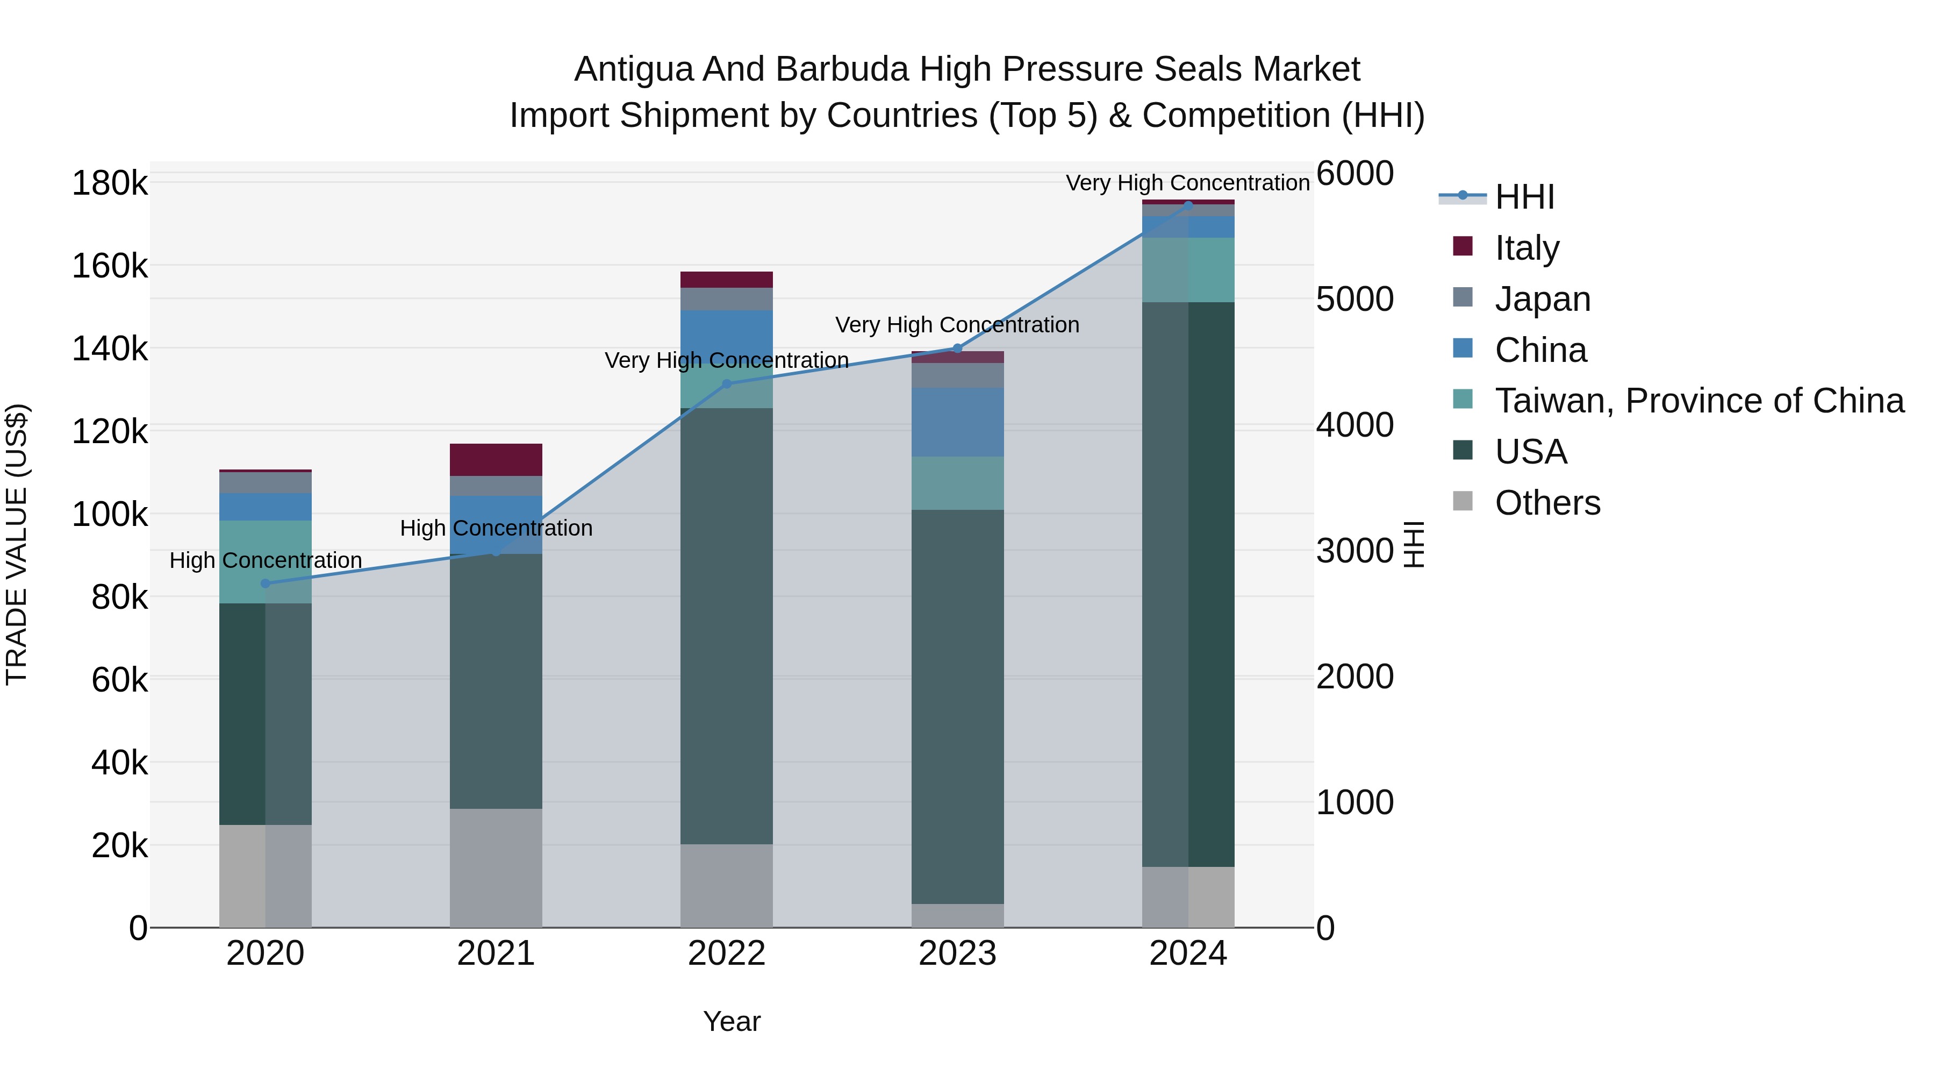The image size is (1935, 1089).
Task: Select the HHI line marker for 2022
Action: tap(726, 384)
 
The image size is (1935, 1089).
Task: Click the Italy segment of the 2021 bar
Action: tap(496, 459)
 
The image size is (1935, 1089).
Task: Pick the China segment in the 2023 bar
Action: tap(958, 422)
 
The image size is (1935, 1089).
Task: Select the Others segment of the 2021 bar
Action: tap(496, 867)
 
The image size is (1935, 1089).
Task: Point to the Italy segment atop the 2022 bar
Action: tap(726, 280)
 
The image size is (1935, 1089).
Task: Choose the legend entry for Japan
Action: tap(1542, 299)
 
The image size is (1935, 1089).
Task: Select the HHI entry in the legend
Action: tap(1524, 197)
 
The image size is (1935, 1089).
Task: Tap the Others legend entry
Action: tap(1547, 503)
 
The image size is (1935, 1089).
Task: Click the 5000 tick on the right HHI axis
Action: tap(1355, 299)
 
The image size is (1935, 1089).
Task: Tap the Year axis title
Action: tap(732, 1021)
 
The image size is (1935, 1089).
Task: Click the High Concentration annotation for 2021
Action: tap(496, 528)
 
